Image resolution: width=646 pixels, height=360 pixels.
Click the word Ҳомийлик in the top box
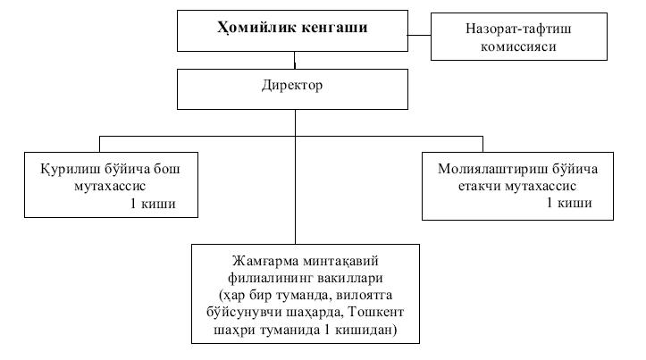(254, 28)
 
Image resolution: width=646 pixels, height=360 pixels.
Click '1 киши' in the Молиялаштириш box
(568, 204)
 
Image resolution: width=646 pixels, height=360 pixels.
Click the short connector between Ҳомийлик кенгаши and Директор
(294, 61)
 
